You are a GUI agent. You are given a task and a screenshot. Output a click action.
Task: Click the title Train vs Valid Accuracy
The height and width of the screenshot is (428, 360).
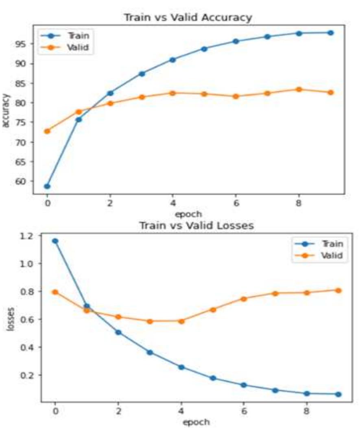(188, 18)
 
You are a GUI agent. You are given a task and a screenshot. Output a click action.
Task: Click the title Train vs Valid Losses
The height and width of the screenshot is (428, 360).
(196, 226)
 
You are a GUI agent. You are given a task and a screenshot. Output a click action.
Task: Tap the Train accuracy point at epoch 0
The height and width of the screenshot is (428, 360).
(47, 186)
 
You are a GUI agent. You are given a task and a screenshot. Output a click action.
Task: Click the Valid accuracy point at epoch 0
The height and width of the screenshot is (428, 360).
(47, 131)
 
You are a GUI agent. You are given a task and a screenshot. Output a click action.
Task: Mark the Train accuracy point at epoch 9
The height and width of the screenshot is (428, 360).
(331, 33)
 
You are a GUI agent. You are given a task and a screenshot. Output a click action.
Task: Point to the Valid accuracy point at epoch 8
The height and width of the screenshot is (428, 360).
(299, 90)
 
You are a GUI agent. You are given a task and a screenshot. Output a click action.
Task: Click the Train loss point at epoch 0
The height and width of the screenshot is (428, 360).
(55, 241)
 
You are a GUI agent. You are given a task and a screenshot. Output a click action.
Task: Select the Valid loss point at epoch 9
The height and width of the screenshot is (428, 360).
(338, 290)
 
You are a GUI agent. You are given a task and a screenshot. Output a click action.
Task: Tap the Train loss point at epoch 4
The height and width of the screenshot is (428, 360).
(181, 367)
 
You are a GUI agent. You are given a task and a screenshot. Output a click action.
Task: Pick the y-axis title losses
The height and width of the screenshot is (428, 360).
(13, 319)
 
